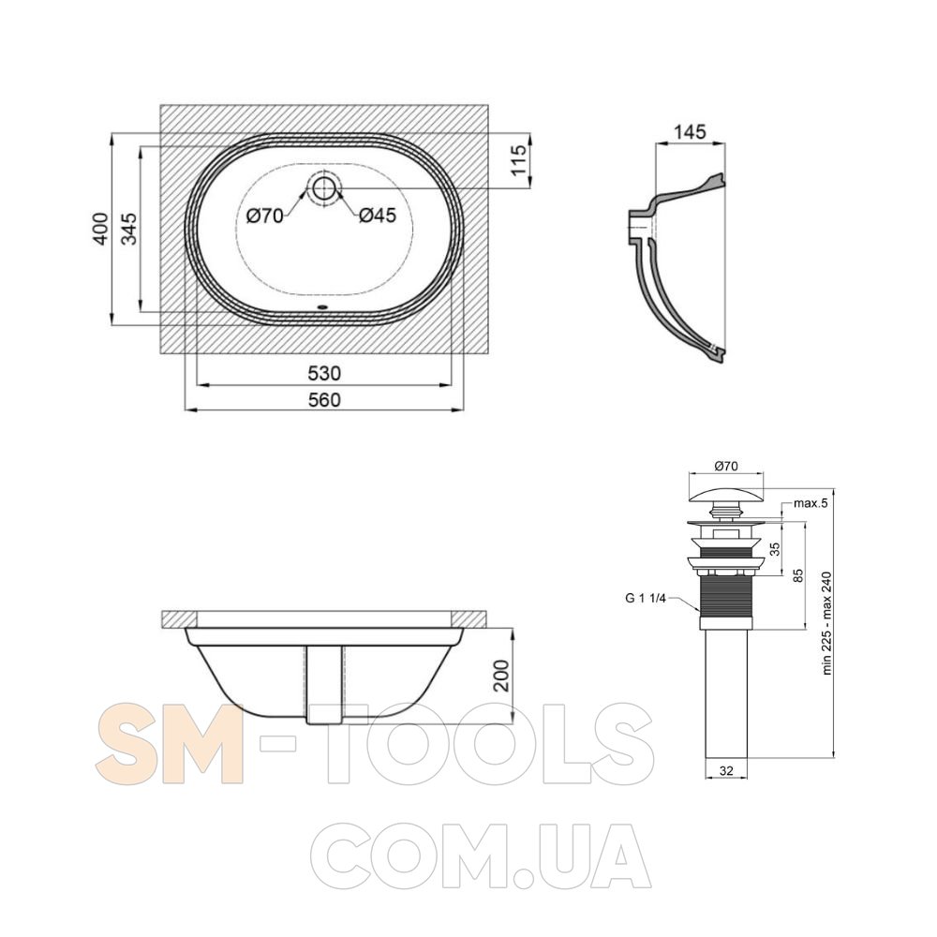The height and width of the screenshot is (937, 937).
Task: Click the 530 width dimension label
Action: click(x=324, y=374)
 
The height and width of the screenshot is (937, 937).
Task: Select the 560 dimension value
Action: click(x=324, y=399)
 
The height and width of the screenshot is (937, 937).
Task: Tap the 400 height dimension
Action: click(x=100, y=229)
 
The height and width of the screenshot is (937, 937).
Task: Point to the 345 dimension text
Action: click(x=128, y=229)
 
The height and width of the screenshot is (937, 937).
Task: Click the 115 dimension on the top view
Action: click(x=519, y=159)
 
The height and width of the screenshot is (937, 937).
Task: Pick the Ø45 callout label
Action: click(x=378, y=216)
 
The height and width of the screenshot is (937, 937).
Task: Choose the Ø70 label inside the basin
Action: click(x=265, y=216)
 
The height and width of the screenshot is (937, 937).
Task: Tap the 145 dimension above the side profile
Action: click(x=690, y=131)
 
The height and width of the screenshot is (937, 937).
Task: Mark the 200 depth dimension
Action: click(x=502, y=676)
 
